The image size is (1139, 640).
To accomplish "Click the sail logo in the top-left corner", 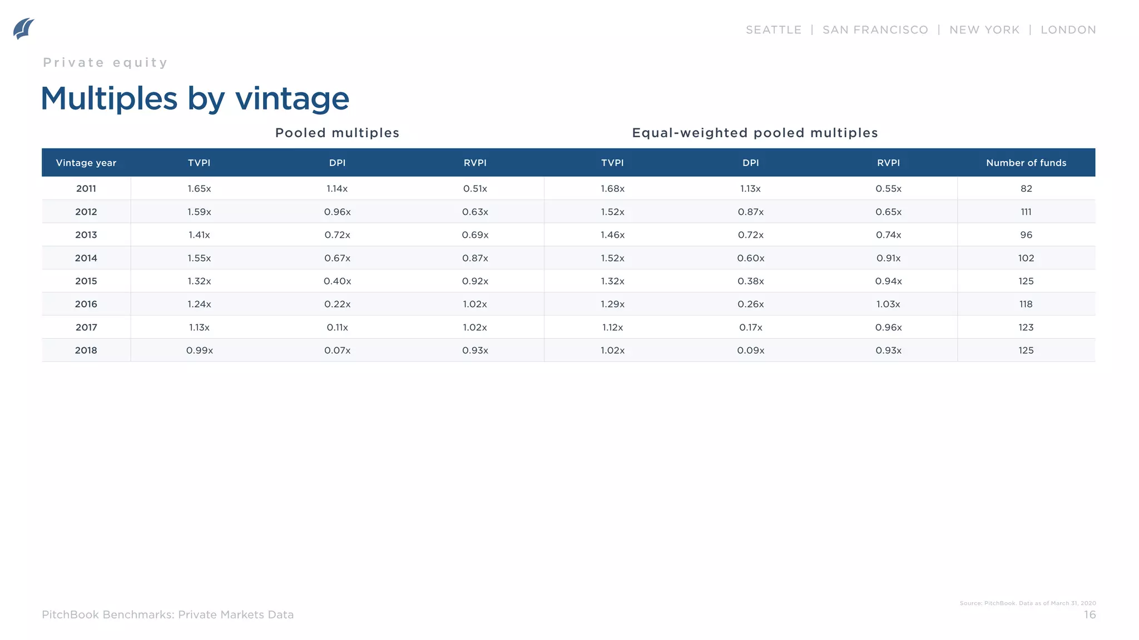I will tap(23, 29).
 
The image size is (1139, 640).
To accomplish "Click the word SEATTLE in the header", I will tap(773, 30).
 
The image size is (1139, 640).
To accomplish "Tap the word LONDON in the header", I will tap(1068, 30).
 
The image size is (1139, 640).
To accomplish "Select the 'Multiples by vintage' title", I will tap(195, 99).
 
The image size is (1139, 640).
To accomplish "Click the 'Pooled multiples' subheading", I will tap(337, 133).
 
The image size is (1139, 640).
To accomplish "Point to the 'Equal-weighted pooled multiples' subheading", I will tap(755, 133).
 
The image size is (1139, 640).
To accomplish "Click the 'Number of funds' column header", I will tap(1026, 163).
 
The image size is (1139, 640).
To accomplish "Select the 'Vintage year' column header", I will tap(86, 163).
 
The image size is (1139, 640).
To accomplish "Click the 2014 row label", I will tap(86, 258).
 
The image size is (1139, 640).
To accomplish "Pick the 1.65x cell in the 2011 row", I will tap(199, 189).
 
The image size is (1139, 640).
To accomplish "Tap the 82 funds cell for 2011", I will tap(1026, 189).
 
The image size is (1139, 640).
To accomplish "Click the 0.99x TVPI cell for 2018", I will tap(199, 351).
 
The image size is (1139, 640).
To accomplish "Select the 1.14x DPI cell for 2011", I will tap(337, 189).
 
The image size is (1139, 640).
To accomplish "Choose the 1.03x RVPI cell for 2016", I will tap(888, 304).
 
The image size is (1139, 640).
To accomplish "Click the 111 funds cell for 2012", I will tap(1026, 212).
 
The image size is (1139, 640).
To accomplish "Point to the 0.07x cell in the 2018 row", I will tap(337, 351).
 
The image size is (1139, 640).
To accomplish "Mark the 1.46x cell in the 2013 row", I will tap(612, 235).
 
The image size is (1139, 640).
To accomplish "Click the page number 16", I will tap(1090, 615).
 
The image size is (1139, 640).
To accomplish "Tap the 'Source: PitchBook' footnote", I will tap(1027, 603).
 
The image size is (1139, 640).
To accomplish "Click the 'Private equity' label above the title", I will tap(105, 63).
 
